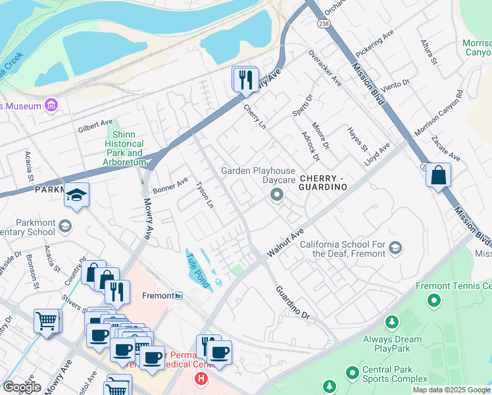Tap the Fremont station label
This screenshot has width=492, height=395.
158,296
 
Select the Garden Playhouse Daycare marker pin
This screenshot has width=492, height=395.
277,194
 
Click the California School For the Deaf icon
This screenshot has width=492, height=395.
395,248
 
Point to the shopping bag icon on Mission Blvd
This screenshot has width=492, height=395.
438,176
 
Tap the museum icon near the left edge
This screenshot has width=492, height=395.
51,105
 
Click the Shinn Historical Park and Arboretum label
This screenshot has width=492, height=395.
124,148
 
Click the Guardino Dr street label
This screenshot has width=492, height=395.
292,303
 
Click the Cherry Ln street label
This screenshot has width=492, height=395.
255,117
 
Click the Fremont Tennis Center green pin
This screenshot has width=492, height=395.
433,301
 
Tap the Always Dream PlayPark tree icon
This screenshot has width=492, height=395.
392,322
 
